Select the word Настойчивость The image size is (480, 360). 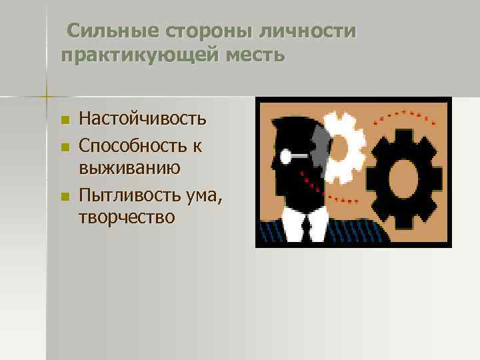click(x=143, y=119)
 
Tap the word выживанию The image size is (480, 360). click(x=130, y=166)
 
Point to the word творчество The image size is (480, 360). click(x=127, y=217)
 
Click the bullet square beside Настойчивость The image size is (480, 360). click(x=64, y=121)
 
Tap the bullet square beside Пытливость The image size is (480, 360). click(x=64, y=197)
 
